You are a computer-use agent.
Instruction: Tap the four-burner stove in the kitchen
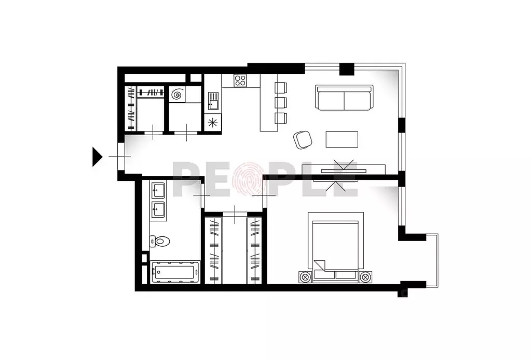point(240,81)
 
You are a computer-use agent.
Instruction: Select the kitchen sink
point(213,98)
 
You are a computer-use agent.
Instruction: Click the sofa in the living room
point(344,98)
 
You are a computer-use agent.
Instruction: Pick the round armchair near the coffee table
point(303,139)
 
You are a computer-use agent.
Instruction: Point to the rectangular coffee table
point(342,139)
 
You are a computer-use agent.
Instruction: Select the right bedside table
point(366,276)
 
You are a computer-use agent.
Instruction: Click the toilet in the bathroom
point(160,241)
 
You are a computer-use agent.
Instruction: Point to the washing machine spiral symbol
point(178,95)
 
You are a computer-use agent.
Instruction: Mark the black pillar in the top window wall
point(347,69)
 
